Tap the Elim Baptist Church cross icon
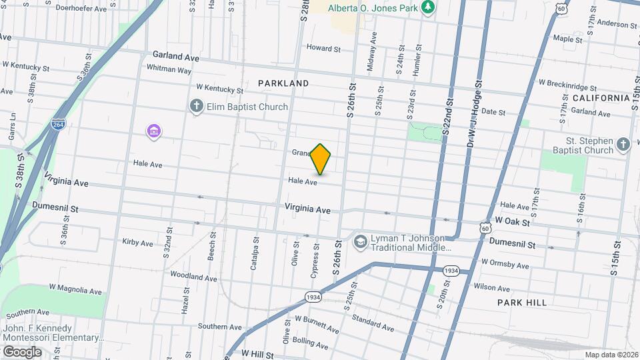tap(196, 107)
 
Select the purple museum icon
tap(154, 131)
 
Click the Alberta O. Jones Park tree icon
tap(427, 7)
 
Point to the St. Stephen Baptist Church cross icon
tap(623, 145)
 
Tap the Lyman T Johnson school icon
tap(361, 241)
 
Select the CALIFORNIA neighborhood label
tap(601, 98)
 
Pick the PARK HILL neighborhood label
tap(522, 302)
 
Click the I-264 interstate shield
tap(58, 125)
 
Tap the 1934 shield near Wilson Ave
tap(451, 270)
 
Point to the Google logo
tap(22, 351)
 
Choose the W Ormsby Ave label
tap(505, 263)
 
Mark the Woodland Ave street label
tap(193, 276)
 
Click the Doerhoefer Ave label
tap(81, 9)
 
